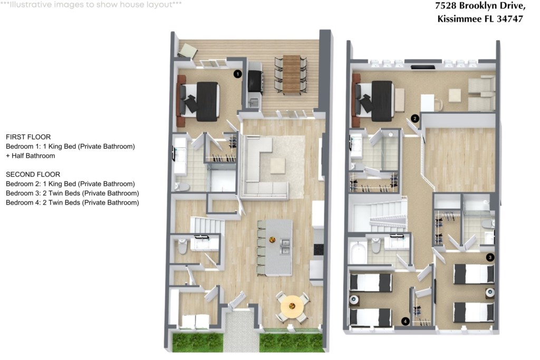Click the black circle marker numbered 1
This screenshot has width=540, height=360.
237,74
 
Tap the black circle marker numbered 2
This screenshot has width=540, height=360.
415,119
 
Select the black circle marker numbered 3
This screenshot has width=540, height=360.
490,257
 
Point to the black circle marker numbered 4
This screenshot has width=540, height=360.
406,322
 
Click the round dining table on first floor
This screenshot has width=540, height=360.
292,306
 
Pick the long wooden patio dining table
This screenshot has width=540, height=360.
292,74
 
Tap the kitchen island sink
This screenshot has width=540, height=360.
285,246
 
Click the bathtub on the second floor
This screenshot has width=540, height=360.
358,252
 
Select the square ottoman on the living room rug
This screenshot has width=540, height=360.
277,166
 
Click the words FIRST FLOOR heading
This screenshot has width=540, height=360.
28,137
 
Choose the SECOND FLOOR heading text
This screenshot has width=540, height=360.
33,174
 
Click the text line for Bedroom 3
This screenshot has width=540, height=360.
72,193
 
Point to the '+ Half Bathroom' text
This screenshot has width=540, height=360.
30,156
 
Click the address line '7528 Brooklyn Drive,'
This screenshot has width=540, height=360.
480,6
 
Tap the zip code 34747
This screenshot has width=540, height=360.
510,19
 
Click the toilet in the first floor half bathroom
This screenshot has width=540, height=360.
182,247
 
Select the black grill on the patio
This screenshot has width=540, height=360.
255,81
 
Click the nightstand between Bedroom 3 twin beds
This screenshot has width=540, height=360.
490,293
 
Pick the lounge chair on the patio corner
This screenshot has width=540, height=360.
188,51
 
